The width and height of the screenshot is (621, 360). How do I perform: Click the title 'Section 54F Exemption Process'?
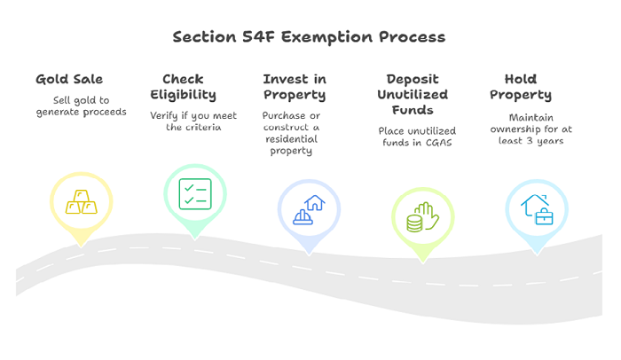point(309,37)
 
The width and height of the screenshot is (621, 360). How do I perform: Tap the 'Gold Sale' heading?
point(69,79)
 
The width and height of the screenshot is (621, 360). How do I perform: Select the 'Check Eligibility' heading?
point(183,87)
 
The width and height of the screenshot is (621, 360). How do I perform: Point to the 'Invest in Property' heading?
point(295,87)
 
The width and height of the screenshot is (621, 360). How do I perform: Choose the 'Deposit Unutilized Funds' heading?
point(413,94)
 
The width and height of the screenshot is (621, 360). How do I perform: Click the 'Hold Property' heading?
point(521,87)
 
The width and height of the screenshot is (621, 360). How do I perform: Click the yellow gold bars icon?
point(82,202)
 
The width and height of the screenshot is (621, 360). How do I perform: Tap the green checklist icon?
point(195,194)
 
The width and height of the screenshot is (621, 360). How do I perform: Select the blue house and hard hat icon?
point(309,210)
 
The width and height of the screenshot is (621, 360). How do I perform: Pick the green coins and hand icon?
point(422,217)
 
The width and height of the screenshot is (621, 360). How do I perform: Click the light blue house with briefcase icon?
point(537,209)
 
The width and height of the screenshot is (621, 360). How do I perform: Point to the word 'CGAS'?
point(439,143)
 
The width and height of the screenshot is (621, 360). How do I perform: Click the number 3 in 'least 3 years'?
point(530,141)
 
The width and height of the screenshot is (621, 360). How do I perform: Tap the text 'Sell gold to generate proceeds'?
point(82,106)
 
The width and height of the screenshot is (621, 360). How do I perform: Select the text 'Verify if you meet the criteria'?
point(193,121)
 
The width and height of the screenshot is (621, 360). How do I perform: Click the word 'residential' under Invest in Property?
point(292,139)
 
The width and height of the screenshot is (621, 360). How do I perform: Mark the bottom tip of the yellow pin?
point(82,247)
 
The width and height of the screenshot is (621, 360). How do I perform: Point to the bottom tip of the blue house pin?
point(309,255)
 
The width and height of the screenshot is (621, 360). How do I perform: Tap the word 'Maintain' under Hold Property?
point(531,118)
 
